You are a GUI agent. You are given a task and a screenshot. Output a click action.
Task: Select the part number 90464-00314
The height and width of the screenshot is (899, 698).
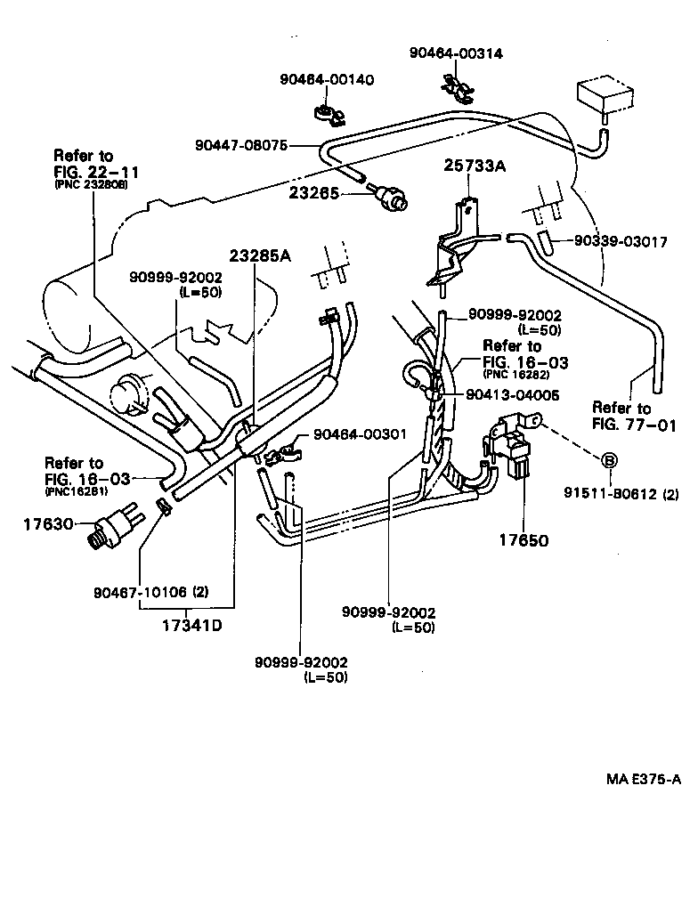pyautogui.click(x=456, y=53)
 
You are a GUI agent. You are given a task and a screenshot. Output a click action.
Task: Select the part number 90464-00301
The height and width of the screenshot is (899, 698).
pyautogui.click(x=359, y=434)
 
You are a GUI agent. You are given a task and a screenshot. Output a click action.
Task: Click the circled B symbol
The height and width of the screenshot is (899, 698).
pyautogui.click(x=609, y=460)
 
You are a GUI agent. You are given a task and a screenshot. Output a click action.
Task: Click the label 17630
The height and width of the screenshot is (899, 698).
pyautogui.click(x=47, y=524)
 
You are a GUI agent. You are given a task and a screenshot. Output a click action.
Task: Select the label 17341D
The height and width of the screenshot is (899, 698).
pyautogui.click(x=191, y=624)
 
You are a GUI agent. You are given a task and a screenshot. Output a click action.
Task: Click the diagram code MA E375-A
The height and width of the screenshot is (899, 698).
pyautogui.click(x=644, y=780)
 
